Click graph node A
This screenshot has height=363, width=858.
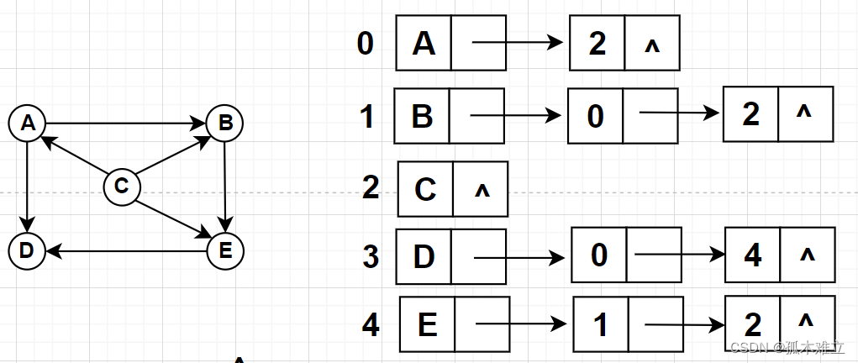pos(29,124)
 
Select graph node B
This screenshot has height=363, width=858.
pos(224,124)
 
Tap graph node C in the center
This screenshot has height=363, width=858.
pos(121,186)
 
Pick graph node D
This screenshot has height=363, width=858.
pos(26,250)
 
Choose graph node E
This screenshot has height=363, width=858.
pos(224,250)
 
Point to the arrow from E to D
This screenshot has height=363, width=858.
pos(126,250)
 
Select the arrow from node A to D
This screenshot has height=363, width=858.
pos(28,187)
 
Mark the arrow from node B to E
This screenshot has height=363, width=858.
pos(224,187)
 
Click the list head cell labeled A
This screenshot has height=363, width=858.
pos(424,43)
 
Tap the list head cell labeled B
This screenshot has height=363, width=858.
pos(422,116)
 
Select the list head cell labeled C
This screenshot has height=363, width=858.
pos(425,189)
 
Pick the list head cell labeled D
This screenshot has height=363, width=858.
pos(424,255)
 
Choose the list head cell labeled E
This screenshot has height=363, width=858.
pos(427,324)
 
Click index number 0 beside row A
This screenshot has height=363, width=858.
pos(365,43)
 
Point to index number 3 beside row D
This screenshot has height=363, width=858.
pos(371,256)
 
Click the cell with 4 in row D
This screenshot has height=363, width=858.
pos(753,255)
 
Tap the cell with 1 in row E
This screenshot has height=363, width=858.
pos(601,324)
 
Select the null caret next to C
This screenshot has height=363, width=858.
pos(482,190)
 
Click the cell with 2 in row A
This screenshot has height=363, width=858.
pos(597,44)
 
